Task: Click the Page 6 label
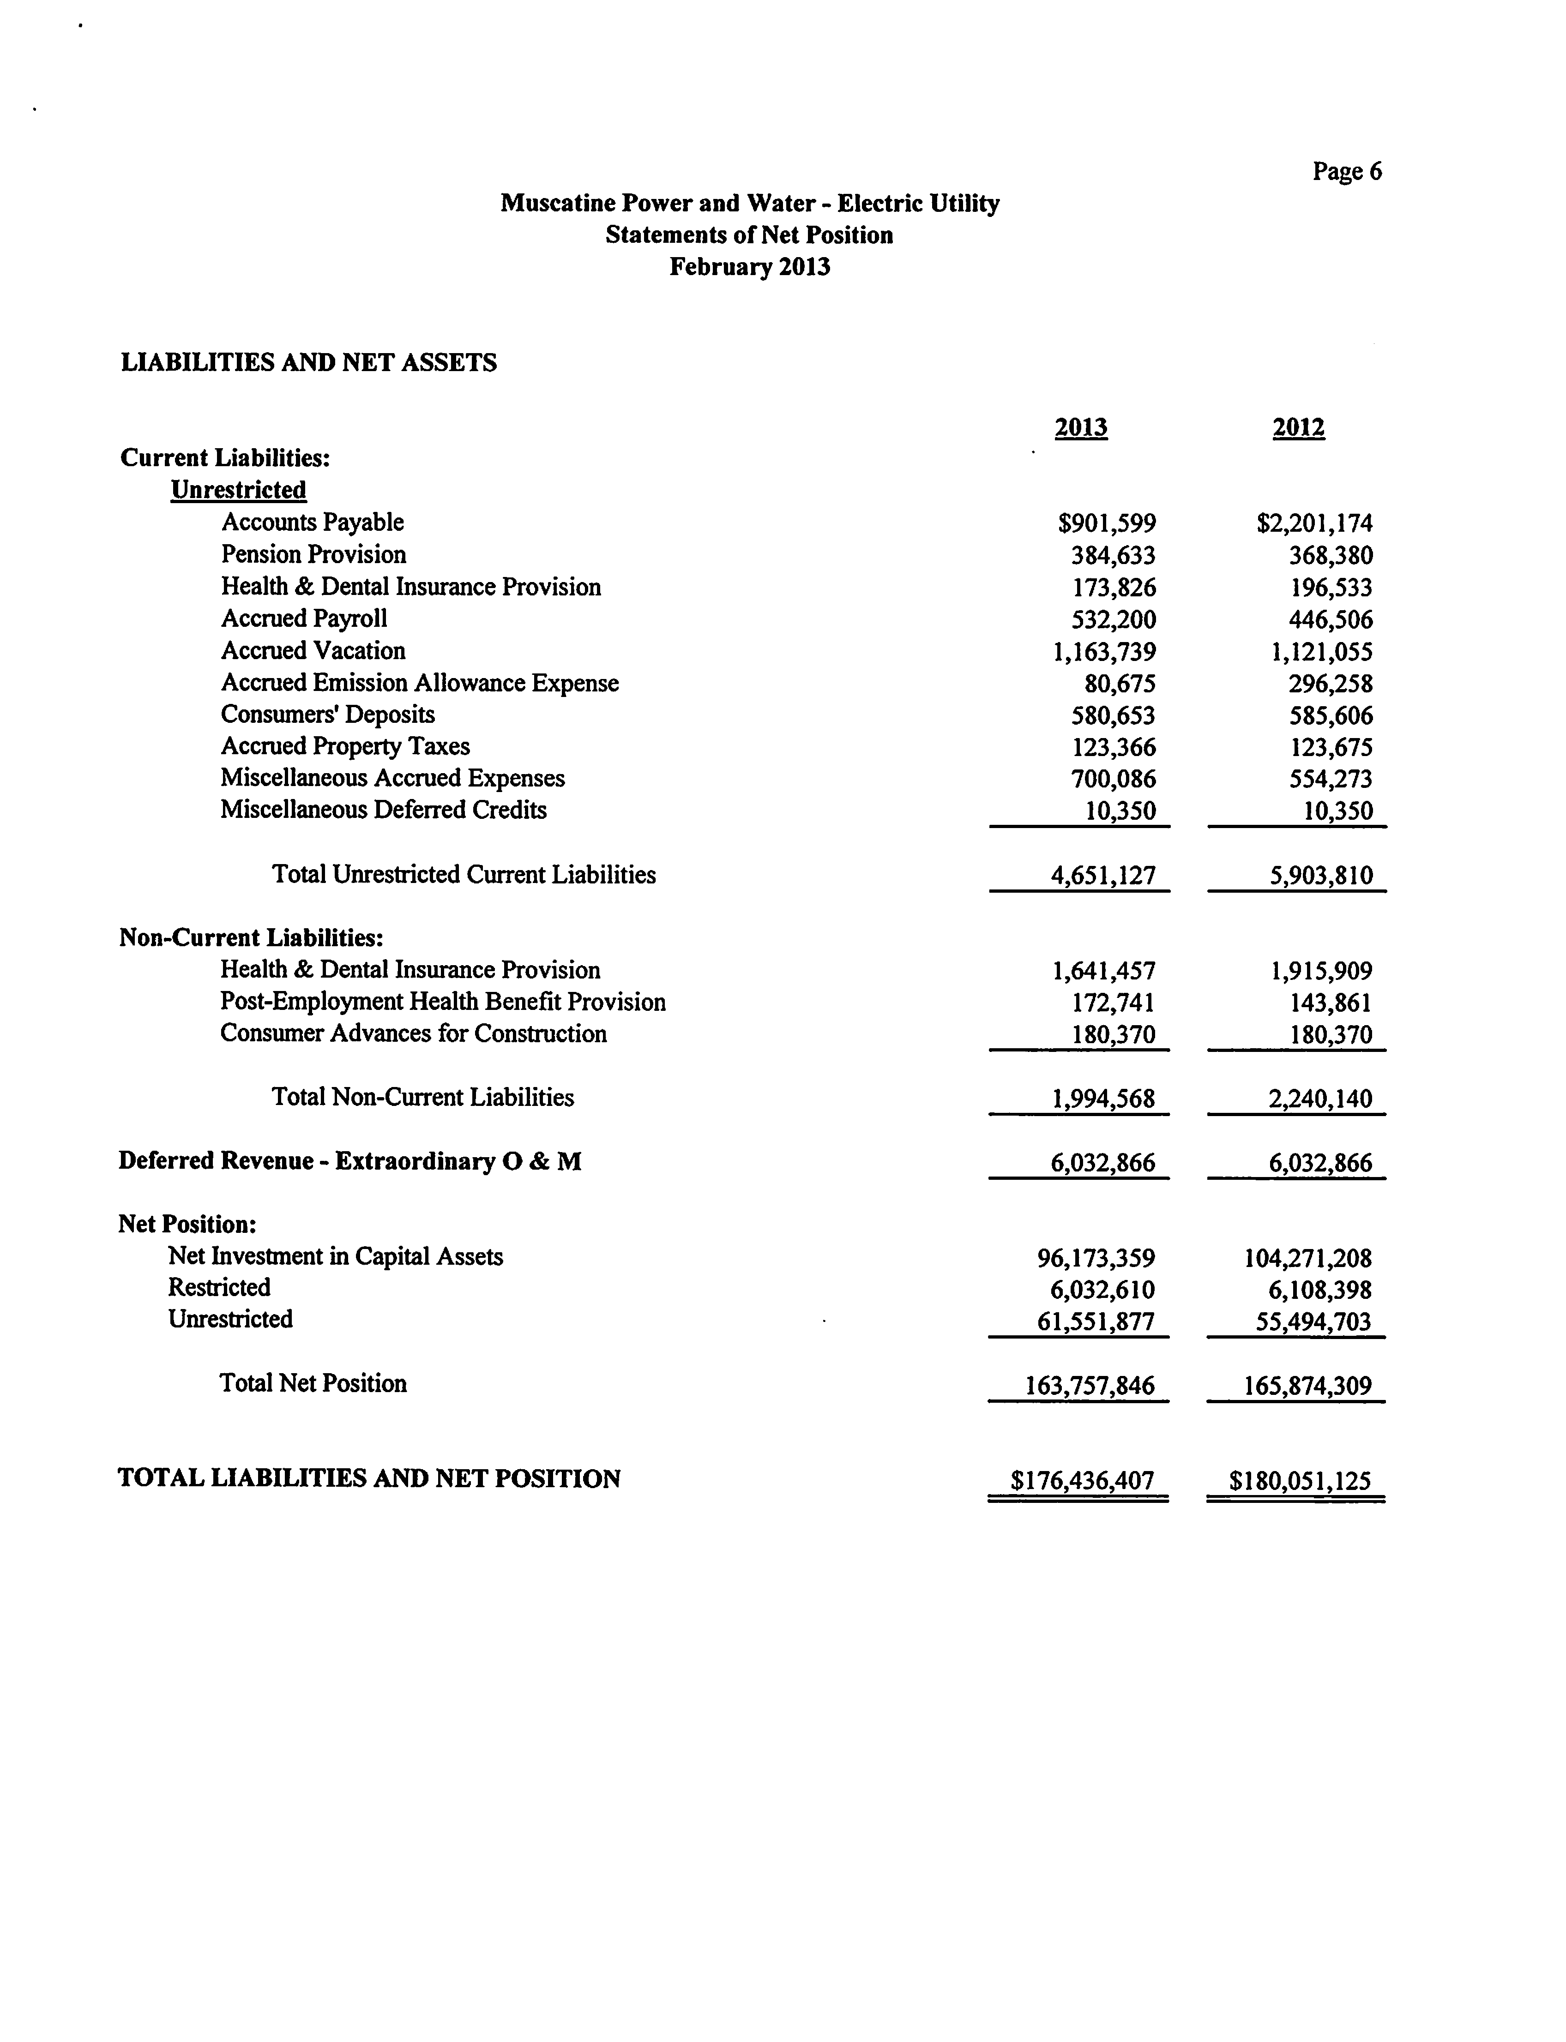pyautogui.click(x=1347, y=172)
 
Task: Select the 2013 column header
pyautogui.click(x=1081, y=428)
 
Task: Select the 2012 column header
pyautogui.click(x=1299, y=428)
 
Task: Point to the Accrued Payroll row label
pyautogui.click(x=304, y=619)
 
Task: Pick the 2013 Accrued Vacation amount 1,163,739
pyautogui.click(x=1105, y=651)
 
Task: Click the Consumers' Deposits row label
pyautogui.click(x=328, y=715)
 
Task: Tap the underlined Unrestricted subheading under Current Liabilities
pyautogui.click(x=239, y=490)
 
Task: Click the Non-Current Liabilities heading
pyautogui.click(x=252, y=937)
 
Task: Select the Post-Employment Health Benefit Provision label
pyautogui.click(x=443, y=1002)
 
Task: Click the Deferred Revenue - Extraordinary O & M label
pyautogui.click(x=349, y=1161)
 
